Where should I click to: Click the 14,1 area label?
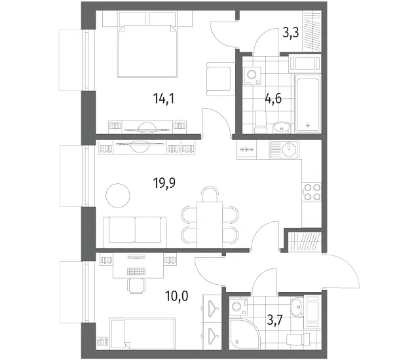tap(164, 99)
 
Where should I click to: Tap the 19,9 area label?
tap(164, 183)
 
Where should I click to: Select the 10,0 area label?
tap(176, 296)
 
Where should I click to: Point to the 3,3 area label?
tap(291, 33)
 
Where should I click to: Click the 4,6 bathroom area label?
tap(273, 99)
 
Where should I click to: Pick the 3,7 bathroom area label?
tap(275, 320)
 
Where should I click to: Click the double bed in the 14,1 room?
tap(147, 50)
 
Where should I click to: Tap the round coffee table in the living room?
tap(118, 196)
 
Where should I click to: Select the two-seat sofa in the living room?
tap(135, 230)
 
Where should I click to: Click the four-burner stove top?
tap(312, 192)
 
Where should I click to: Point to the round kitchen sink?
tap(289, 150)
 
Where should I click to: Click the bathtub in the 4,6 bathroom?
tap(308, 103)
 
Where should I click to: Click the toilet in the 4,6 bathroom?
tap(261, 122)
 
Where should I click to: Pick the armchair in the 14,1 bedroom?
tap(220, 79)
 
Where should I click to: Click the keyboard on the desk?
tap(137, 271)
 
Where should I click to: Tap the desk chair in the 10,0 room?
tap(136, 285)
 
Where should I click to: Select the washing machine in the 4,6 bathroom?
tap(252, 75)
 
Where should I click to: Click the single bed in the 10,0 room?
tap(143, 333)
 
